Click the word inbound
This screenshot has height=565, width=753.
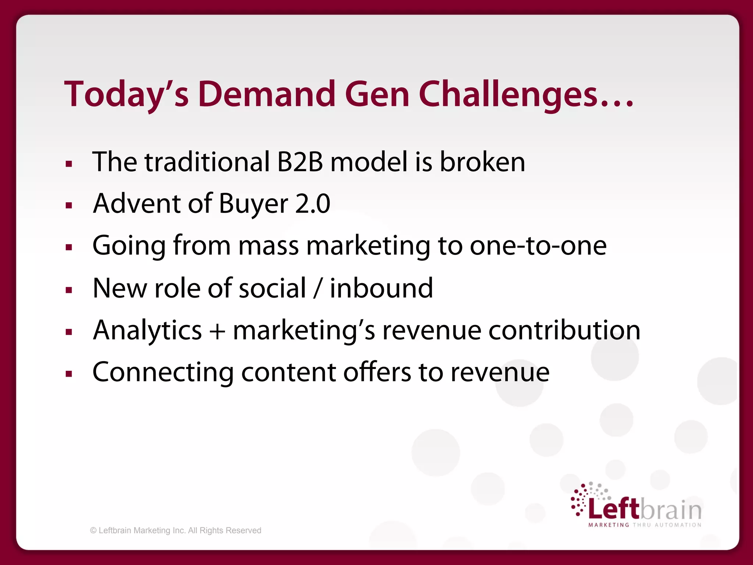tap(381, 288)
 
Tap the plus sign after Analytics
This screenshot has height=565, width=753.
tap(217, 331)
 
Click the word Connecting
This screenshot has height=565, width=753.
tap(163, 373)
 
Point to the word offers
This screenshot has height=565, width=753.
tap(377, 372)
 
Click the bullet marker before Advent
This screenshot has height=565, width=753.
tap(69, 205)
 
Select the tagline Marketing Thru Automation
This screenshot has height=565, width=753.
tap(645, 525)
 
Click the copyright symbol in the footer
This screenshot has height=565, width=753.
tap(93, 530)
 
